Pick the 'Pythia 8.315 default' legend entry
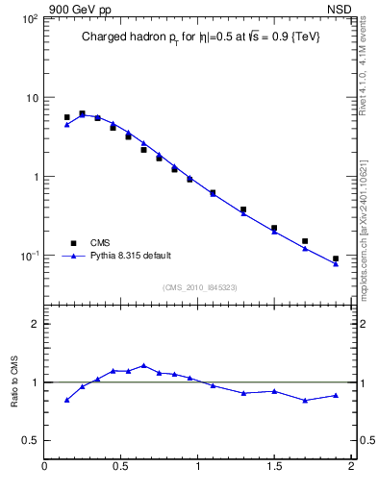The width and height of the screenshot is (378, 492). tap(130, 256)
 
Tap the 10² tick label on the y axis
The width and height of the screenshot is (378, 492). tap(29, 19)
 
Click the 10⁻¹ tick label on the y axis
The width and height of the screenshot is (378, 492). tap(29, 256)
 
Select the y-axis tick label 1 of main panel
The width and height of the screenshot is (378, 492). tap(34, 177)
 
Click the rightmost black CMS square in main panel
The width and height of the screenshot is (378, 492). tap(336, 258)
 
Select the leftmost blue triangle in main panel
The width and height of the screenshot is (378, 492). tap(66, 124)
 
